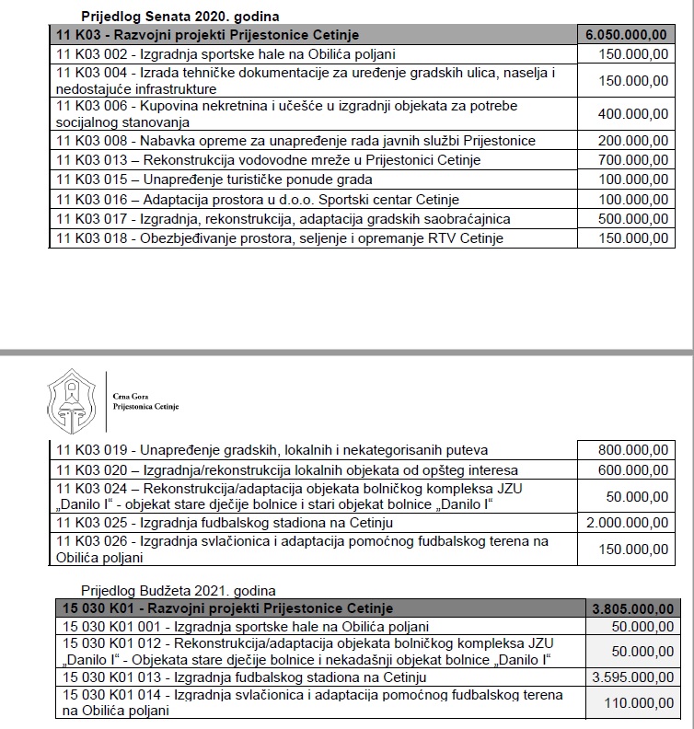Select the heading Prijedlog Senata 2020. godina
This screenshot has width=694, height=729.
coord(180,17)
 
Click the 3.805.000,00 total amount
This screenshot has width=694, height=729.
coord(635,608)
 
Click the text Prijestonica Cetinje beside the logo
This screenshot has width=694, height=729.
coord(145,406)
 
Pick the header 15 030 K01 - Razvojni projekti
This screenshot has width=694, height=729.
coord(226,608)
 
